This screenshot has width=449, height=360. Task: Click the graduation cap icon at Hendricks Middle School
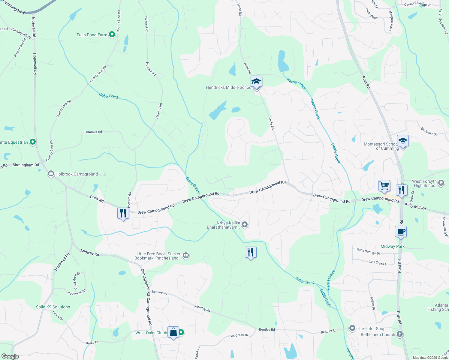click(x=256, y=81)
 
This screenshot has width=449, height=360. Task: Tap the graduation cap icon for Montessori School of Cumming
click(x=403, y=141)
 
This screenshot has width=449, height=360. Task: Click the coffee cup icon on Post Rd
click(x=401, y=232)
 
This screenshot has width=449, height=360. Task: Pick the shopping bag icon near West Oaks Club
click(x=173, y=332)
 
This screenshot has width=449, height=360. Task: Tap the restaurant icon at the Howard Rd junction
click(x=123, y=213)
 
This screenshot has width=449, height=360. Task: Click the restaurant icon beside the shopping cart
click(x=401, y=190)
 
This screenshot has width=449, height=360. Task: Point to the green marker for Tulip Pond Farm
click(x=112, y=35)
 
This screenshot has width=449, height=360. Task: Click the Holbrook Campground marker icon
click(x=51, y=174)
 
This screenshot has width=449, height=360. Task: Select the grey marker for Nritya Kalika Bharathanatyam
click(x=245, y=224)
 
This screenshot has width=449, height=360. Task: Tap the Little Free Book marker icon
click(x=186, y=256)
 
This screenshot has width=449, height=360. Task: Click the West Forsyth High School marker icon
click(x=441, y=183)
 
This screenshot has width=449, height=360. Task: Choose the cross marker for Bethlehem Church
click(x=399, y=334)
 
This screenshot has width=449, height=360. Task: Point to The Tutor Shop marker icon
click(x=352, y=328)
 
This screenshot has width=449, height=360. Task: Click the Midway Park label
click(x=392, y=246)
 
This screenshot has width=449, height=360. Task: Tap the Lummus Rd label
click(x=93, y=132)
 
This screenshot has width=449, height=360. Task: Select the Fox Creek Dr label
click(x=239, y=335)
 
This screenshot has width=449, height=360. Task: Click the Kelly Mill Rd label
click(x=415, y=206)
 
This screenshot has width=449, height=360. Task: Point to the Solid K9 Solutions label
click(x=53, y=307)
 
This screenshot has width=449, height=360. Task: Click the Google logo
click(x=10, y=356)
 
